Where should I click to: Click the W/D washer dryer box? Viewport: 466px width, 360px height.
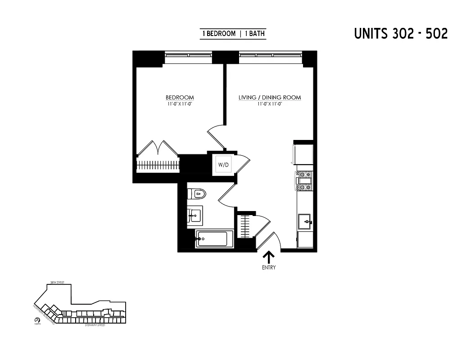(223, 164)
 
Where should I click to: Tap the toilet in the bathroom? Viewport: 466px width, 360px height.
(197, 194)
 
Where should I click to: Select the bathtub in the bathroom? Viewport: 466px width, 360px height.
(214, 238)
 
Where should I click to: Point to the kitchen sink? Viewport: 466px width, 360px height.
(305, 222)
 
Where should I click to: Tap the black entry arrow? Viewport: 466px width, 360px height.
(269, 257)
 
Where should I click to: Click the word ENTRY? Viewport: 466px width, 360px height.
(269, 268)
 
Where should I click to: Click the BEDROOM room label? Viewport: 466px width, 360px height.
(180, 98)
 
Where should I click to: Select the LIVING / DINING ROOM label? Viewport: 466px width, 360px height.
(269, 98)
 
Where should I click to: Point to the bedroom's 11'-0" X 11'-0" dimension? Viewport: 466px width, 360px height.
(180, 104)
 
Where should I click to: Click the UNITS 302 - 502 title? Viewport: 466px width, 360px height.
(401, 34)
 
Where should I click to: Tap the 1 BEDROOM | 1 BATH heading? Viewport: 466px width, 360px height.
(233, 34)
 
